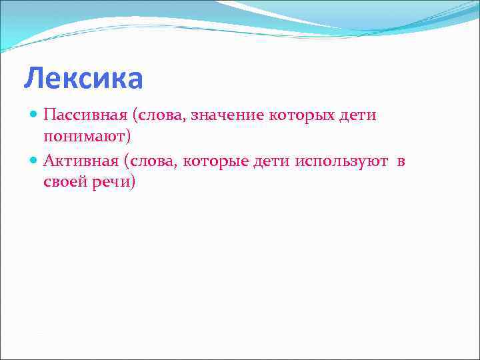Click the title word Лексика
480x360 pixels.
(x=83, y=79)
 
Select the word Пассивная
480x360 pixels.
(x=85, y=115)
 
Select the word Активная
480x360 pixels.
(x=83, y=161)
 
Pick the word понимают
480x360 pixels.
(x=84, y=138)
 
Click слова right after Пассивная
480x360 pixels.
(x=161, y=115)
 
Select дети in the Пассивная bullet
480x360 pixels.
(x=358, y=115)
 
